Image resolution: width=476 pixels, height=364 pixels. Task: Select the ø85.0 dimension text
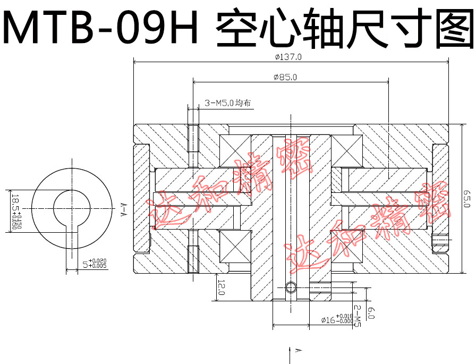pos(285,77)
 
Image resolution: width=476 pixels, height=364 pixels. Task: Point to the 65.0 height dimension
pos(466,198)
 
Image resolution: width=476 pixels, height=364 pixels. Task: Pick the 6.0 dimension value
pos(371,314)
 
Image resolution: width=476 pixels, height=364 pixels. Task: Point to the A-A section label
pos(122,210)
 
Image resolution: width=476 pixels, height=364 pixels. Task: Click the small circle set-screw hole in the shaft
pos(290,287)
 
